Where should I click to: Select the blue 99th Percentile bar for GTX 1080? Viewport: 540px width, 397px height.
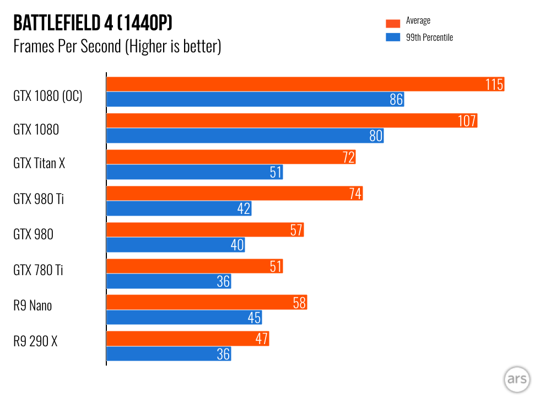(245, 136)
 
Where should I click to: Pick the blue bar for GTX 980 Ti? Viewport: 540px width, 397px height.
(179, 208)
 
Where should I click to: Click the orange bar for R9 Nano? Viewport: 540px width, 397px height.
(206, 303)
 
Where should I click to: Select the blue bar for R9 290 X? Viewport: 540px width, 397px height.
(168, 354)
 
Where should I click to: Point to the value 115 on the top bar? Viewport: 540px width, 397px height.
(494, 84)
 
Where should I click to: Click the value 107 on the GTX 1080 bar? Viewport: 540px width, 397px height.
(467, 121)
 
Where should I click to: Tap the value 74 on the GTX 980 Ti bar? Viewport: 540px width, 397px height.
(355, 194)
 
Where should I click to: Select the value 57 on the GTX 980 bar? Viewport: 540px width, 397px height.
(296, 230)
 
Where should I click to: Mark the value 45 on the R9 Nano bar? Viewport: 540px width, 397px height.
(254, 318)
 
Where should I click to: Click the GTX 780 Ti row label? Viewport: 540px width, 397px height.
(38, 270)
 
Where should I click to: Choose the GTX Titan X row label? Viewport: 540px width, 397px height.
(39, 163)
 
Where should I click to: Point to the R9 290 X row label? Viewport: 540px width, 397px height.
(35, 342)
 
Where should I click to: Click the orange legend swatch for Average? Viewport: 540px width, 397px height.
(392, 23)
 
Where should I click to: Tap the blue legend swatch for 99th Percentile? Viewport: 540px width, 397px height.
(392, 37)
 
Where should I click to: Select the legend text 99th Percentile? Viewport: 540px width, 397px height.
(429, 37)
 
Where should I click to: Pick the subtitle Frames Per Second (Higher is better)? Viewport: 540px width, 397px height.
(117, 46)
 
